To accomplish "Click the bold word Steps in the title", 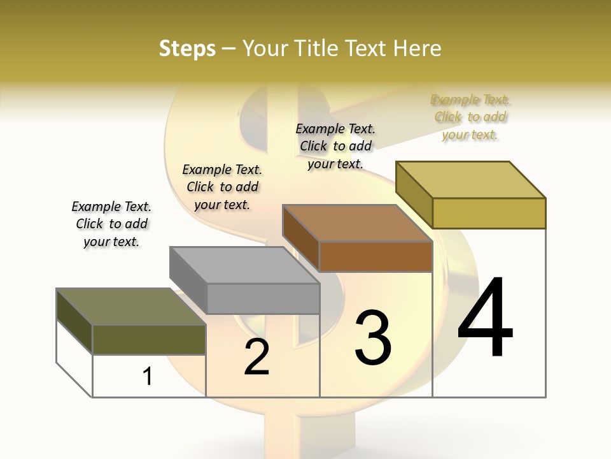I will click(187, 48).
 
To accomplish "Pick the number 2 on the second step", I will click(256, 357).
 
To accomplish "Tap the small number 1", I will click(148, 376).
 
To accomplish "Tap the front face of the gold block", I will click(489, 213).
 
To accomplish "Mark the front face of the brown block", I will click(376, 257).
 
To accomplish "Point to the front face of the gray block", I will click(263, 298).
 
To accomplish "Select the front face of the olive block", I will click(149, 340).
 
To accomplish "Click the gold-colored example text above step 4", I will click(470, 117).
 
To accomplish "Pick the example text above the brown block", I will click(335, 146).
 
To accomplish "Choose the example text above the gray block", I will click(222, 187).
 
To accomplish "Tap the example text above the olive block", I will click(111, 224).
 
